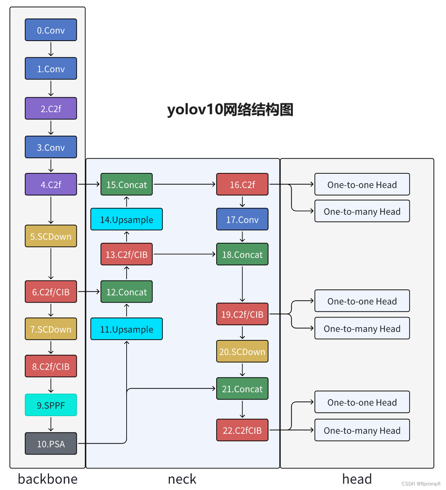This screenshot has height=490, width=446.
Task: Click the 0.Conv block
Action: (x=51, y=30)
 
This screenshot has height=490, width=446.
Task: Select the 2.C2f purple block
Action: (x=51, y=109)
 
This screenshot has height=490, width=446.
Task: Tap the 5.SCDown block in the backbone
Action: (x=51, y=236)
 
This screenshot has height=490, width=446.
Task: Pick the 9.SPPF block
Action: (x=51, y=405)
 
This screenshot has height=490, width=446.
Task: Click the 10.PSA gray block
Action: (x=51, y=444)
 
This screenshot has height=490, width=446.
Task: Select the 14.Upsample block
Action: (x=127, y=219)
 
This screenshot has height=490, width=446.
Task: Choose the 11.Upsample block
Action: (x=127, y=329)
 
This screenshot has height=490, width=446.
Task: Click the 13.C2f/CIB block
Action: (x=127, y=254)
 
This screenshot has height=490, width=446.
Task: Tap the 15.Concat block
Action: (x=127, y=185)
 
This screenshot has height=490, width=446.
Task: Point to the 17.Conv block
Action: (x=242, y=219)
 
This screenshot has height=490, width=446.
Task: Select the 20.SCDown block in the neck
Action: (x=242, y=351)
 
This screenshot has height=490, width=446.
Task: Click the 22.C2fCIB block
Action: (x=242, y=430)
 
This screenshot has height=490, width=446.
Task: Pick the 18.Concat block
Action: (x=242, y=254)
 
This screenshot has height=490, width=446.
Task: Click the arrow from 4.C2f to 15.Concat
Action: (x=89, y=184)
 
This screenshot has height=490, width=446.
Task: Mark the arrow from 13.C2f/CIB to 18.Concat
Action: (x=185, y=254)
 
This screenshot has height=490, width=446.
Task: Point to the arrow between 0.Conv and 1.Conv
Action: (x=51, y=49)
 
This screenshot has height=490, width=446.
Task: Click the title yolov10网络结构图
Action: (x=230, y=110)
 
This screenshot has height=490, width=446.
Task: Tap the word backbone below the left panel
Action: (x=48, y=479)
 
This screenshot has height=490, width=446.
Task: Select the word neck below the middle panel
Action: (x=182, y=479)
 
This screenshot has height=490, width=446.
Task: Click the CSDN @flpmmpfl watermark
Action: (x=421, y=484)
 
